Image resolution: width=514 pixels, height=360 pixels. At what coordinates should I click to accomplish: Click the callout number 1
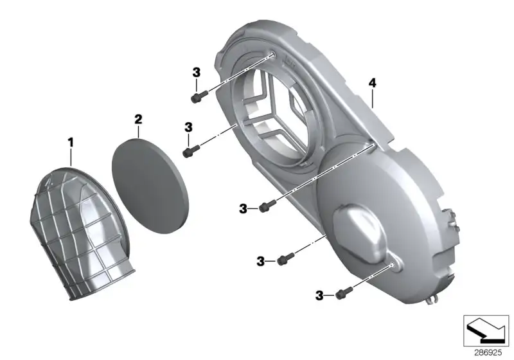pyautogui.click(x=71, y=143)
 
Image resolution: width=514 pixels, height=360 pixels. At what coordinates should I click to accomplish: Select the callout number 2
pyautogui.click(x=138, y=120)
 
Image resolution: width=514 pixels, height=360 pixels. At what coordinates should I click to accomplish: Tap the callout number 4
pyautogui.click(x=373, y=84)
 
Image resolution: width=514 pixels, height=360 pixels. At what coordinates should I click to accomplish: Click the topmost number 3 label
pyautogui.click(x=196, y=73)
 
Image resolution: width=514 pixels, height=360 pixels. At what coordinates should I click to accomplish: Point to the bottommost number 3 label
pyautogui.click(x=319, y=296)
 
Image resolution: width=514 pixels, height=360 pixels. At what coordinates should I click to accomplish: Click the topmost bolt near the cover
pyautogui.click(x=199, y=96)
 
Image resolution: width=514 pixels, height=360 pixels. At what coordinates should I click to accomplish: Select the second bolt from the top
pyautogui.click(x=191, y=151)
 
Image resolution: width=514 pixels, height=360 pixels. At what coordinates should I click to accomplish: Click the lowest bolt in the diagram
pyautogui.click(x=344, y=292)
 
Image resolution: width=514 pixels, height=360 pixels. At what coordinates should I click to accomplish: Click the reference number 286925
pyautogui.click(x=488, y=352)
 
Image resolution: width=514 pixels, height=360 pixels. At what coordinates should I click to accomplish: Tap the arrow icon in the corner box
pyautogui.click(x=486, y=330)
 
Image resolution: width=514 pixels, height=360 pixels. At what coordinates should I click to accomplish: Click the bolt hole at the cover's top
pyautogui.click(x=273, y=55)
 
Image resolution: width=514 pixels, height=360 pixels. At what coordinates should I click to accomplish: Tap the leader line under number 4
pyautogui.click(x=373, y=98)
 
